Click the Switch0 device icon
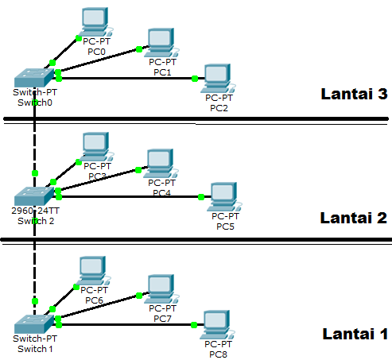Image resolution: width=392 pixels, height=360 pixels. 34,78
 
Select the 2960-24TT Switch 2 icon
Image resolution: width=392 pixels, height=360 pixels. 34,195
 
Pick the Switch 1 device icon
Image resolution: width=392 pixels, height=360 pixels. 34,323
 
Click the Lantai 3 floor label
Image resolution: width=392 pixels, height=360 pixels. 353,94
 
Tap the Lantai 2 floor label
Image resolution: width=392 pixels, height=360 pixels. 353,218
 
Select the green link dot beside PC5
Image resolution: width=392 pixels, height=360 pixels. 202,196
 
